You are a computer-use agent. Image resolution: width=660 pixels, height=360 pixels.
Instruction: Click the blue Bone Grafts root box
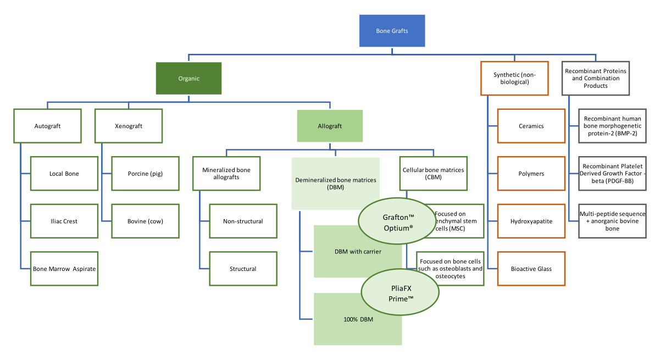pos(392,31)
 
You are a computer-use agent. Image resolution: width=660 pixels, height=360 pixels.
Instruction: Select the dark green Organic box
pos(188,79)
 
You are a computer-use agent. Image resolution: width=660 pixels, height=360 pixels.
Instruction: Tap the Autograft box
pos(48,126)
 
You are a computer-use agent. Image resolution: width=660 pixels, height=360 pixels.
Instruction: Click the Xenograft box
pos(129,126)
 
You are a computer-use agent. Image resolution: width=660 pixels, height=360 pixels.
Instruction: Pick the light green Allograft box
pos(330,126)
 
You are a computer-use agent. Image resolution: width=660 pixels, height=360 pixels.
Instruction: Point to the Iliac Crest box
pos(64,221)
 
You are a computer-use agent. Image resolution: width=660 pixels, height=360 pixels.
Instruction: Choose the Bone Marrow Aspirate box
pos(64,269)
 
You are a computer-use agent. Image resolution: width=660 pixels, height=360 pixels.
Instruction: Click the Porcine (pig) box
pos(145,174)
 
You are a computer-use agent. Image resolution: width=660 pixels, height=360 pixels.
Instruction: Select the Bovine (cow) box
pos(145,221)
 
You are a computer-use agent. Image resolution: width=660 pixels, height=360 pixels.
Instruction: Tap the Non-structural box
pos(242,221)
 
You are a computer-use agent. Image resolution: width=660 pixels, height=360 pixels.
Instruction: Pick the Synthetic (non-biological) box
pos(514,79)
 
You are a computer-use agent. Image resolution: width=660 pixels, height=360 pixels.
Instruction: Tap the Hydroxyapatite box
pos(531,221)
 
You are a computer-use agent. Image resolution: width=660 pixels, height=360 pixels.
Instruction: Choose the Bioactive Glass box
pos(531,269)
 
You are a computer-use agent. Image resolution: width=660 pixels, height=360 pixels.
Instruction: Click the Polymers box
pos(531,174)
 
